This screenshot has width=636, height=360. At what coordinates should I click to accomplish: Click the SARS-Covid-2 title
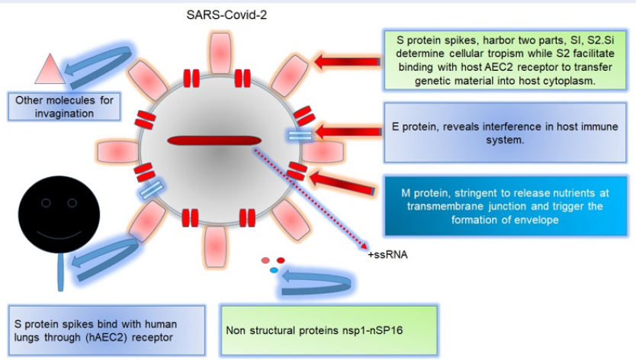coord(226,15)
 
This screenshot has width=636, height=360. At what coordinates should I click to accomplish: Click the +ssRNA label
coord(387,255)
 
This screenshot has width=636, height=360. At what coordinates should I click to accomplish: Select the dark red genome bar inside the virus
coord(214,141)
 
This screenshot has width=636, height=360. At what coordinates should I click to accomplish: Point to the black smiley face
coord(59,214)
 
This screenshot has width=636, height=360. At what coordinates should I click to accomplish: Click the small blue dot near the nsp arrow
coord(274,270)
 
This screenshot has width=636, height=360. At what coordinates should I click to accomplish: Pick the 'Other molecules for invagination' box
coord(64,107)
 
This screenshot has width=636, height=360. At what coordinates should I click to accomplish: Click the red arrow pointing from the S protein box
coord(347,62)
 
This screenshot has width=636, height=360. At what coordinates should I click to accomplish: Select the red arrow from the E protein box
coord(349,131)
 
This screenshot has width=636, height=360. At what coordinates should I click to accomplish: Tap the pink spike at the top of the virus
coord(220,53)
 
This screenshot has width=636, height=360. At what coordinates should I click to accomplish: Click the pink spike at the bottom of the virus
coord(215,246)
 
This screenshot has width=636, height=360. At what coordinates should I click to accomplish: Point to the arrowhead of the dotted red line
coord(365,246)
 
